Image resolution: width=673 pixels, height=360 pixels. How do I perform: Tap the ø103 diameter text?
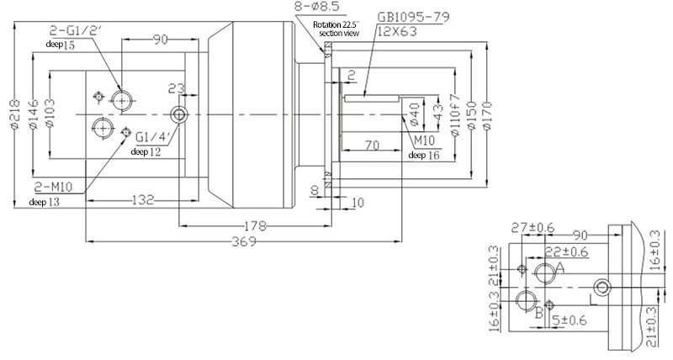point(50,119)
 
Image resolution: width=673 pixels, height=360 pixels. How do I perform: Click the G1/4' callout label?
point(152,138)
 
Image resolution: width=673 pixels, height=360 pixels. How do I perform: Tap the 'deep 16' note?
point(423,155)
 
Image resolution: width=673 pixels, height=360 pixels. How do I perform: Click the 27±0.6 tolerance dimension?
point(532,227)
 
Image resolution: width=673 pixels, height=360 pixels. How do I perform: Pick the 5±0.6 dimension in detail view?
point(571,319)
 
